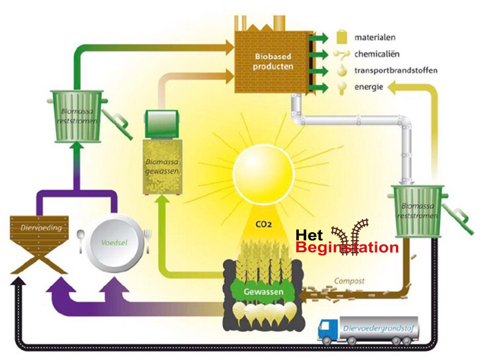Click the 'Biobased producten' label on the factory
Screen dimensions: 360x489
pos(273,62)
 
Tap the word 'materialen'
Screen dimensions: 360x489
pos(375,38)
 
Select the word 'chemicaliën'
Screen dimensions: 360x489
pos(377,54)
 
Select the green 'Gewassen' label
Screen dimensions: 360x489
pos(263,292)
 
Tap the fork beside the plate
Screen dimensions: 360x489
pos(148,238)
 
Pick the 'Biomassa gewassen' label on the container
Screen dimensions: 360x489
pos(162,167)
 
